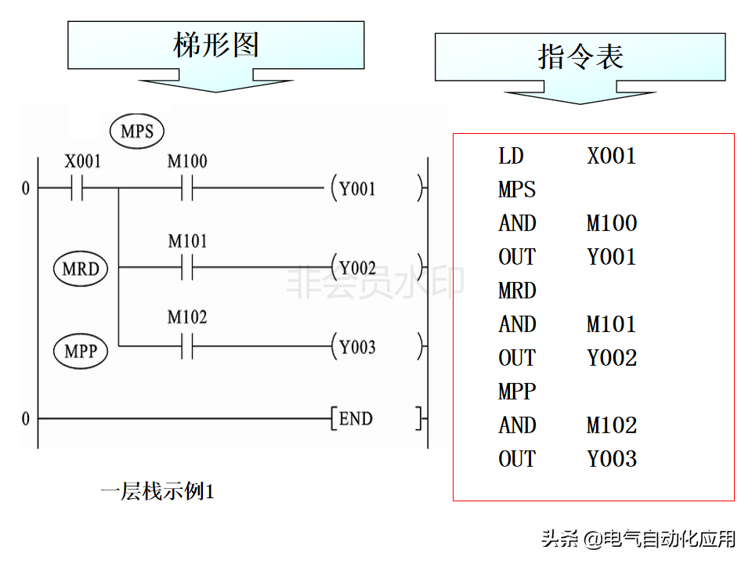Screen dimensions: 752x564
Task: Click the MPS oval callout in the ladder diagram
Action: [x=137, y=131]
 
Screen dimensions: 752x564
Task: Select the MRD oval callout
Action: [x=81, y=269]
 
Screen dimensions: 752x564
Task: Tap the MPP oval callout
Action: [x=81, y=351]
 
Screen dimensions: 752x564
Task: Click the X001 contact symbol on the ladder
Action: [x=77, y=187]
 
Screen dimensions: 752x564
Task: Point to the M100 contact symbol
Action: [x=187, y=187]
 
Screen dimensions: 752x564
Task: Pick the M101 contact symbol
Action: [x=187, y=267]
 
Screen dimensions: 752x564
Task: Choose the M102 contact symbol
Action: [x=187, y=346]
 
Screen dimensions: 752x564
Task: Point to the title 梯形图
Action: [x=216, y=45]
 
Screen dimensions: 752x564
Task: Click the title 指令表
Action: [x=580, y=56]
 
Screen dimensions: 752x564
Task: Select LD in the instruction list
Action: [x=511, y=156]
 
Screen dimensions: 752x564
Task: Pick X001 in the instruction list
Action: [x=612, y=156]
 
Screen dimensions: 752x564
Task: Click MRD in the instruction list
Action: [x=517, y=291]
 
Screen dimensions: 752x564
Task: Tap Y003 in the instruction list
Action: [x=612, y=459]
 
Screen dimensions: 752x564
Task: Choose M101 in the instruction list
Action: [x=612, y=324]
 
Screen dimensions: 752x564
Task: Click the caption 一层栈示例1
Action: [x=157, y=491]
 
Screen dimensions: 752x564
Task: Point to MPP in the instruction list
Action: [x=517, y=392]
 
